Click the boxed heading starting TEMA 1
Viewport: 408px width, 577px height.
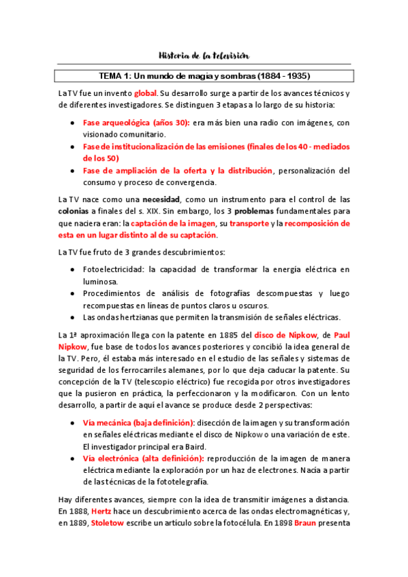tap(204, 76)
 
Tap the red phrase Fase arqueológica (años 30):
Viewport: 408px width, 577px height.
tap(127, 122)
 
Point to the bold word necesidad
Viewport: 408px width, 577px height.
tap(161, 199)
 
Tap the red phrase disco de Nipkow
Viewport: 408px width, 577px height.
tap(281, 335)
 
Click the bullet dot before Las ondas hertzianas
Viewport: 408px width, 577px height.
tap(73, 317)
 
